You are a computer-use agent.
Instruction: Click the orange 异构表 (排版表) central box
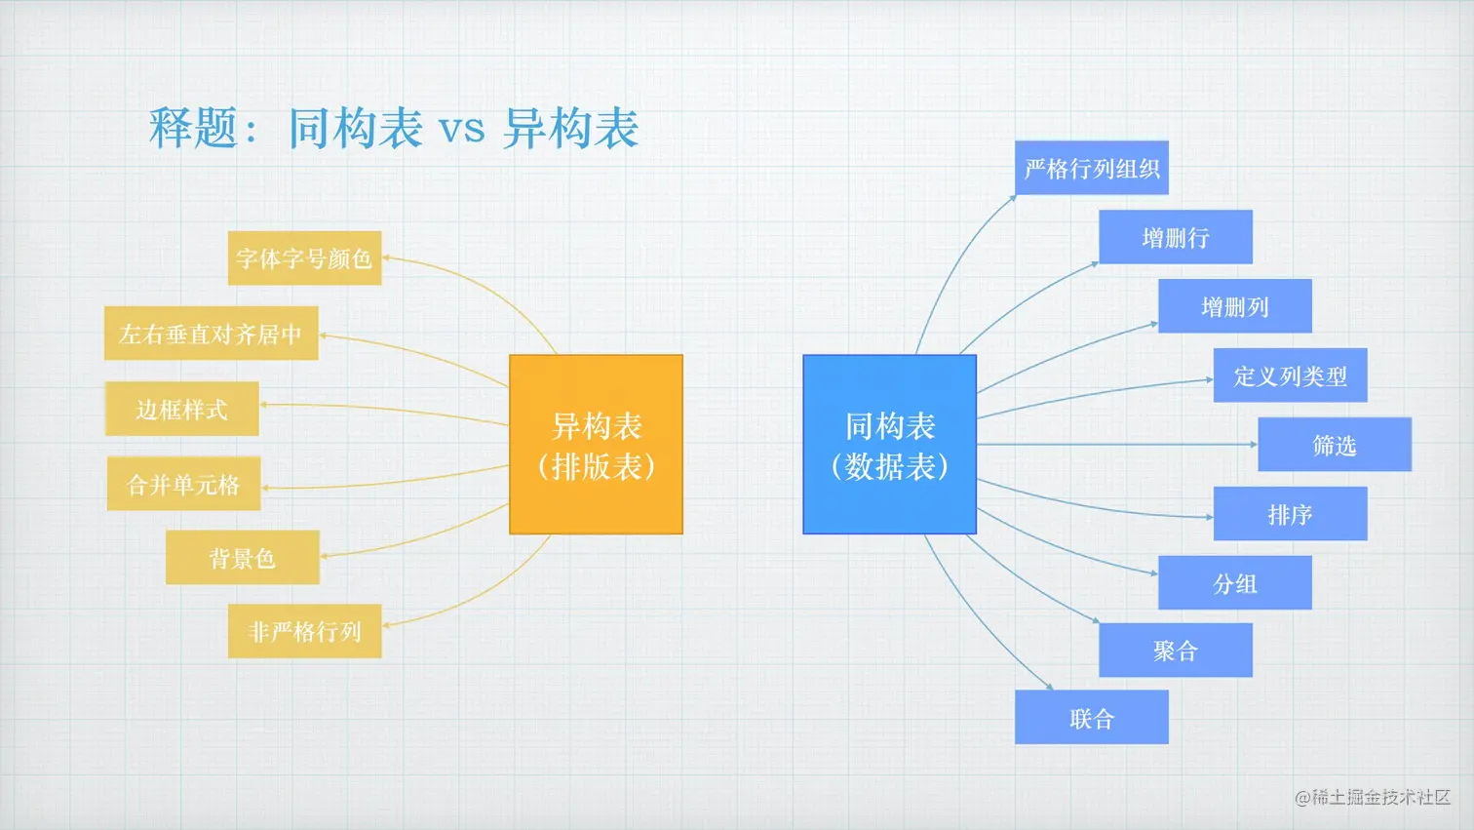click(596, 445)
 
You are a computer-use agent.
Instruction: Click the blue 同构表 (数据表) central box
click(889, 445)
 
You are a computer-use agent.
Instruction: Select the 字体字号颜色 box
click(304, 258)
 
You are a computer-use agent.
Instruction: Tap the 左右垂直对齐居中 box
click(211, 334)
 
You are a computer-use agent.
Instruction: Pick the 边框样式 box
click(182, 409)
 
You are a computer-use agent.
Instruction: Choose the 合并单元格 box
click(183, 484)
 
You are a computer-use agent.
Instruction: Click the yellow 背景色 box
click(243, 558)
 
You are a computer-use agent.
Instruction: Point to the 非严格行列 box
click(304, 631)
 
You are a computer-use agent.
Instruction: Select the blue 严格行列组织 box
click(1091, 169)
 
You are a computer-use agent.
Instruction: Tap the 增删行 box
click(1175, 237)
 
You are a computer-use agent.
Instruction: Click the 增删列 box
click(1234, 306)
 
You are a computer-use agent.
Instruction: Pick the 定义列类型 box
click(1290, 375)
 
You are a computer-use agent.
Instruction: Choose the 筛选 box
click(1334, 445)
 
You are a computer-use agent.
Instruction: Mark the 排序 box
click(1290, 514)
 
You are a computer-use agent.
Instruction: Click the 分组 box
click(1234, 583)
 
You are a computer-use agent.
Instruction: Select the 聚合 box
click(1175, 651)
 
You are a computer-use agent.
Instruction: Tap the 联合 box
click(1091, 718)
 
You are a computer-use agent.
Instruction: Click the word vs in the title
click(461, 130)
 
